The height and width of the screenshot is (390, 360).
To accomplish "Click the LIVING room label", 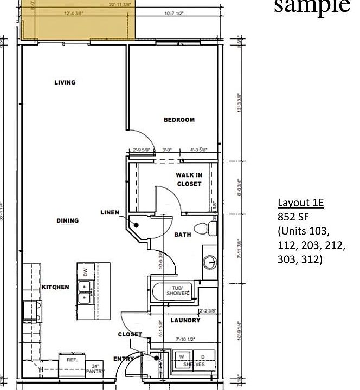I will coord(65,82).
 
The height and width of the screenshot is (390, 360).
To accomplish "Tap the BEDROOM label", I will coord(179,120).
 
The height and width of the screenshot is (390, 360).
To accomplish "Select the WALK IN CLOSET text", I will coord(189,179).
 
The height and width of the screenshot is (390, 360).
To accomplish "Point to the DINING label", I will coord(67,220).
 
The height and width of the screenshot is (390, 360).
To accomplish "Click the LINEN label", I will coord(110,212).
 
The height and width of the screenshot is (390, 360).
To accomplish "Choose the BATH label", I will coord(182,235).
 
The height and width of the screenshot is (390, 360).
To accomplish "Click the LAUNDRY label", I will coord(185,320).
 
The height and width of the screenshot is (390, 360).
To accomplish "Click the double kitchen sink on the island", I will coord(84,291).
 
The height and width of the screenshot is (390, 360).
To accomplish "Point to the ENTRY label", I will coord(123,359).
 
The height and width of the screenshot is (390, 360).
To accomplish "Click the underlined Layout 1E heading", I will coord(300,203).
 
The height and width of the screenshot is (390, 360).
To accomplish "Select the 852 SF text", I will coord(292,217).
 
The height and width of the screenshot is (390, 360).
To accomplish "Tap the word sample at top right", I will coord(312,6).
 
